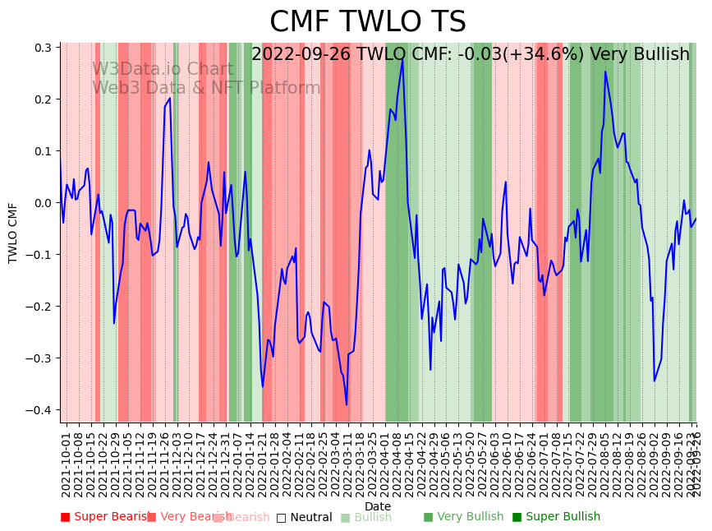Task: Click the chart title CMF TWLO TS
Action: (367, 22)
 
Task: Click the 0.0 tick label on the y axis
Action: (42, 203)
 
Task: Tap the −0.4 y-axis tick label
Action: (39, 410)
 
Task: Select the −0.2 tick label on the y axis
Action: (39, 307)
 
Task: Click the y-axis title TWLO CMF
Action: (13, 233)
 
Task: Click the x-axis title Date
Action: (378, 506)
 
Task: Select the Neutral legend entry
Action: (305, 517)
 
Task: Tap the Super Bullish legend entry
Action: (557, 517)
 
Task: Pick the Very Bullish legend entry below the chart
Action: (464, 517)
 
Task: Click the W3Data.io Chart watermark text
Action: (163, 69)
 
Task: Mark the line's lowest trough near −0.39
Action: (347, 404)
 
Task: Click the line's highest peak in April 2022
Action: (402, 58)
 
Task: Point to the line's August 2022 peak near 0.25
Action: (605, 72)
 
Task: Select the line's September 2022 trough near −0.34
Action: (655, 381)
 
